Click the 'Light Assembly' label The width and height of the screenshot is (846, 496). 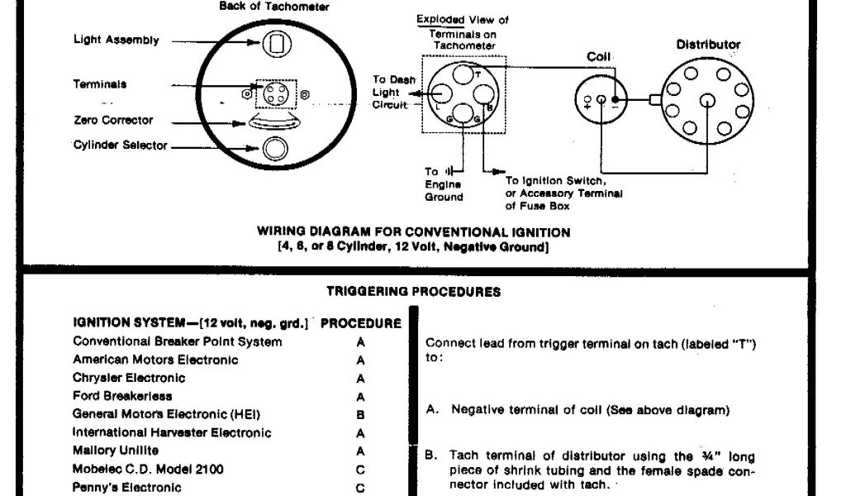[x=116, y=41]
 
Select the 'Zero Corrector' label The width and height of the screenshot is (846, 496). [x=113, y=121]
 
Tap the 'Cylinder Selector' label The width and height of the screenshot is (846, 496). [x=121, y=146]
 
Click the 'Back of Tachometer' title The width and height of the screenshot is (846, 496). [x=274, y=7]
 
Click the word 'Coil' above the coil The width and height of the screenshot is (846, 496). [x=598, y=57]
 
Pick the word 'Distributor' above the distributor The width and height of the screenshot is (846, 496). [x=708, y=45]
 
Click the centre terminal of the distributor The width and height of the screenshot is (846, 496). [x=707, y=101]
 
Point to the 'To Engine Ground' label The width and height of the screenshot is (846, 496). [x=444, y=184]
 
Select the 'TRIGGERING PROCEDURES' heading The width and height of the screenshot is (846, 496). [x=412, y=292]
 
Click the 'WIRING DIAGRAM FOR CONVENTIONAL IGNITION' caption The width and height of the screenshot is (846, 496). [x=413, y=232]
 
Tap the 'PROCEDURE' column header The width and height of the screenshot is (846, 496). [x=360, y=323]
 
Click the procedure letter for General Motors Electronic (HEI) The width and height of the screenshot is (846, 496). [x=360, y=415]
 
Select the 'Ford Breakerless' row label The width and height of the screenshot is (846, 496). [x=122, y=396]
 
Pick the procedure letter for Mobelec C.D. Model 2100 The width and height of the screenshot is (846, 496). [x=360, y=470]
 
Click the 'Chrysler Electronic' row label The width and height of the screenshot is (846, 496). [x=129, y=378]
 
